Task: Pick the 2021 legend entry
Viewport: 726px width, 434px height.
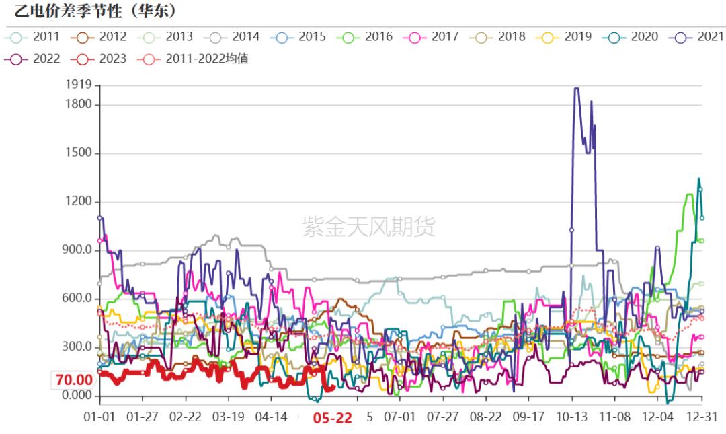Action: [697, 36]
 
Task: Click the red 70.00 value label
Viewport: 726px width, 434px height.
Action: [74, 379]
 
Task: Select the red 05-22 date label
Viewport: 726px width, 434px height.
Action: [333, 418]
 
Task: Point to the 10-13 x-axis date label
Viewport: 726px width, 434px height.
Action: [572, 417]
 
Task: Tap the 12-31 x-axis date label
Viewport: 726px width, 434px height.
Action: [702, 417]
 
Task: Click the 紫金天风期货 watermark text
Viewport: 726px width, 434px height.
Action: [368, 227]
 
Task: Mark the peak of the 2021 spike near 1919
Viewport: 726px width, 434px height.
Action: [576, 88]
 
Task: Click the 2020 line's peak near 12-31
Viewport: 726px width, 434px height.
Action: [698, 178]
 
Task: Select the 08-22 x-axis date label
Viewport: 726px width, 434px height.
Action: [486, 417]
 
